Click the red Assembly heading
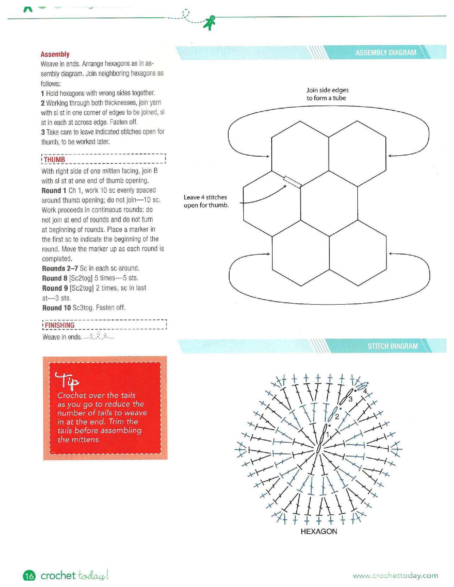55,54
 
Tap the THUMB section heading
54,159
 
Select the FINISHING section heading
60,325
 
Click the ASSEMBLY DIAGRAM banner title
386,52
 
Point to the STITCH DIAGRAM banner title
393,346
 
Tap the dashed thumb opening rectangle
292,182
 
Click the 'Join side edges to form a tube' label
327,94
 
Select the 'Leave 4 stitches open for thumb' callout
206,201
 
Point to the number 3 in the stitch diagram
350,399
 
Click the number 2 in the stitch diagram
337,417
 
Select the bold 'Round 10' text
56,308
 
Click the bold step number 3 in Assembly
43,132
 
